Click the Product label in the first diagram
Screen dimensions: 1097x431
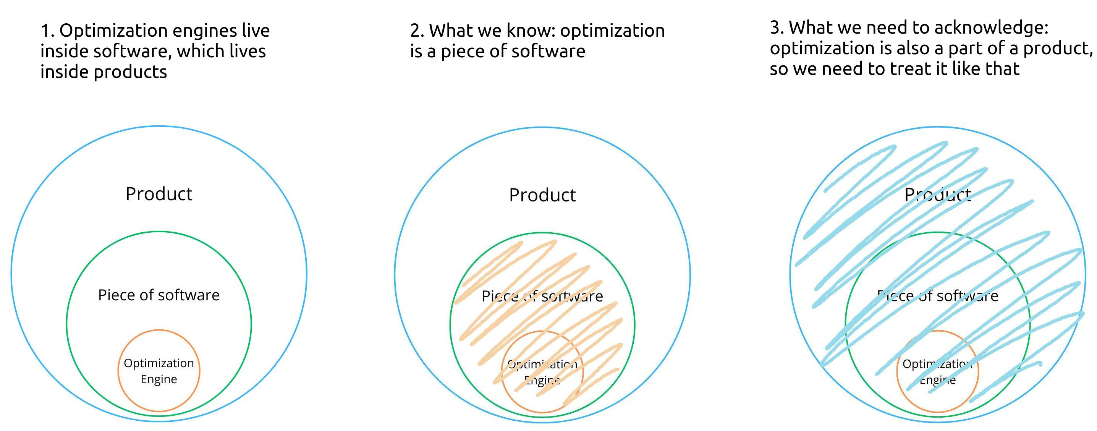[159, 194]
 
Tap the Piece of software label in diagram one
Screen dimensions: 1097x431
[159, 295]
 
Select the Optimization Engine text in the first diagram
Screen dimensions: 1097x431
[159, 371]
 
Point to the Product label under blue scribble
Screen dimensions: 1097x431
[938, 194]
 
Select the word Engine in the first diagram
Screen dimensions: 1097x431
[159, 379]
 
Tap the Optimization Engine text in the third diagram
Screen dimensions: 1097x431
[938, 372]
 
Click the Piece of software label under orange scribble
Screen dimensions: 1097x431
[542, 296]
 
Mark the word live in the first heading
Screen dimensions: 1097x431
[256, 31]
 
